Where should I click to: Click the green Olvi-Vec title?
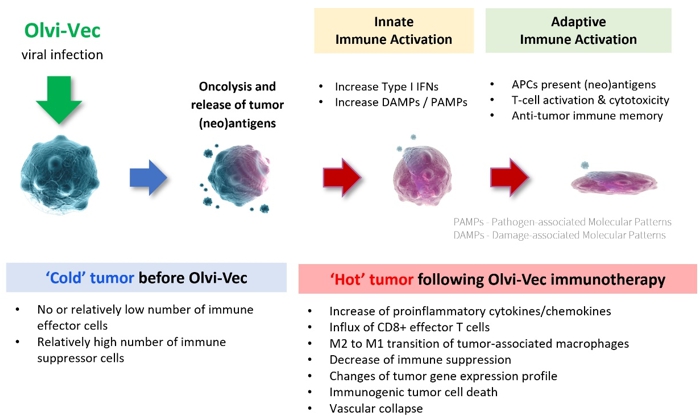62,30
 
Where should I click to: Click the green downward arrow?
59,100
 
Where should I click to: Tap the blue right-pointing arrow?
148,178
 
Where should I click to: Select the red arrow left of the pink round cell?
342,177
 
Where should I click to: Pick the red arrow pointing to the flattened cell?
509,177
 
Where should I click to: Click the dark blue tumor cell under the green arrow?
60,175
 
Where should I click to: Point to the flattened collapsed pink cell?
614,182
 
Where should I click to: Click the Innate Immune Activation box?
394,30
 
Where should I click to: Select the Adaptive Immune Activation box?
578,30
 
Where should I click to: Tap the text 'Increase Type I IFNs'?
387,87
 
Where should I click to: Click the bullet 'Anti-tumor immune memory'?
587,116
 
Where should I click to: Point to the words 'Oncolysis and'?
237,86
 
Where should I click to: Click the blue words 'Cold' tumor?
90,278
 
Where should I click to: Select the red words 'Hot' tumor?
371,280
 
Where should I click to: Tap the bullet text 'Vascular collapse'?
376,408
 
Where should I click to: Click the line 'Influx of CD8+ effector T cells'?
409,327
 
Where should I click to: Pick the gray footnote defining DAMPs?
559,235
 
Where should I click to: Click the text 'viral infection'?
62,54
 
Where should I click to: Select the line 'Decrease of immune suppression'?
420,360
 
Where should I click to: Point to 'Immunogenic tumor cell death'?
413,392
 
